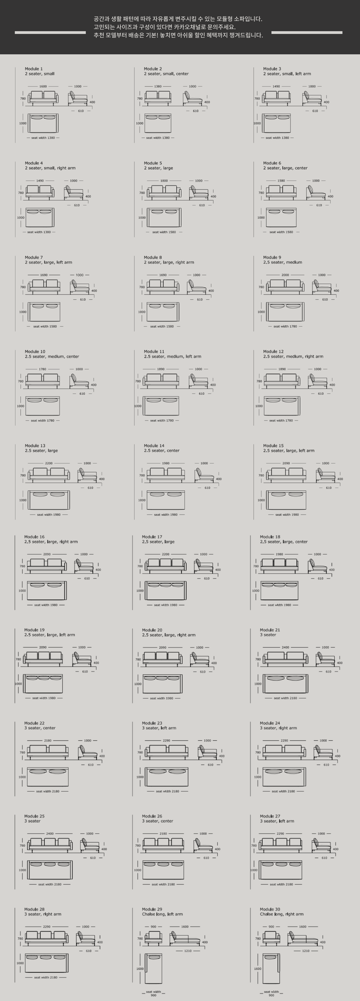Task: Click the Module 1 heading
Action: (34, 69)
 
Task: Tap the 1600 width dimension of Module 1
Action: (43, 86)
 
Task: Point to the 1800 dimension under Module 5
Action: (164, 181)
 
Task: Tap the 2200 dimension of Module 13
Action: (49, 463)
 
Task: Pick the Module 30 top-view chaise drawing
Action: (271, 968)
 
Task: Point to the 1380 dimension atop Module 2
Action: (157, 86)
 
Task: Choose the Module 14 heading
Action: (154, 446)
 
